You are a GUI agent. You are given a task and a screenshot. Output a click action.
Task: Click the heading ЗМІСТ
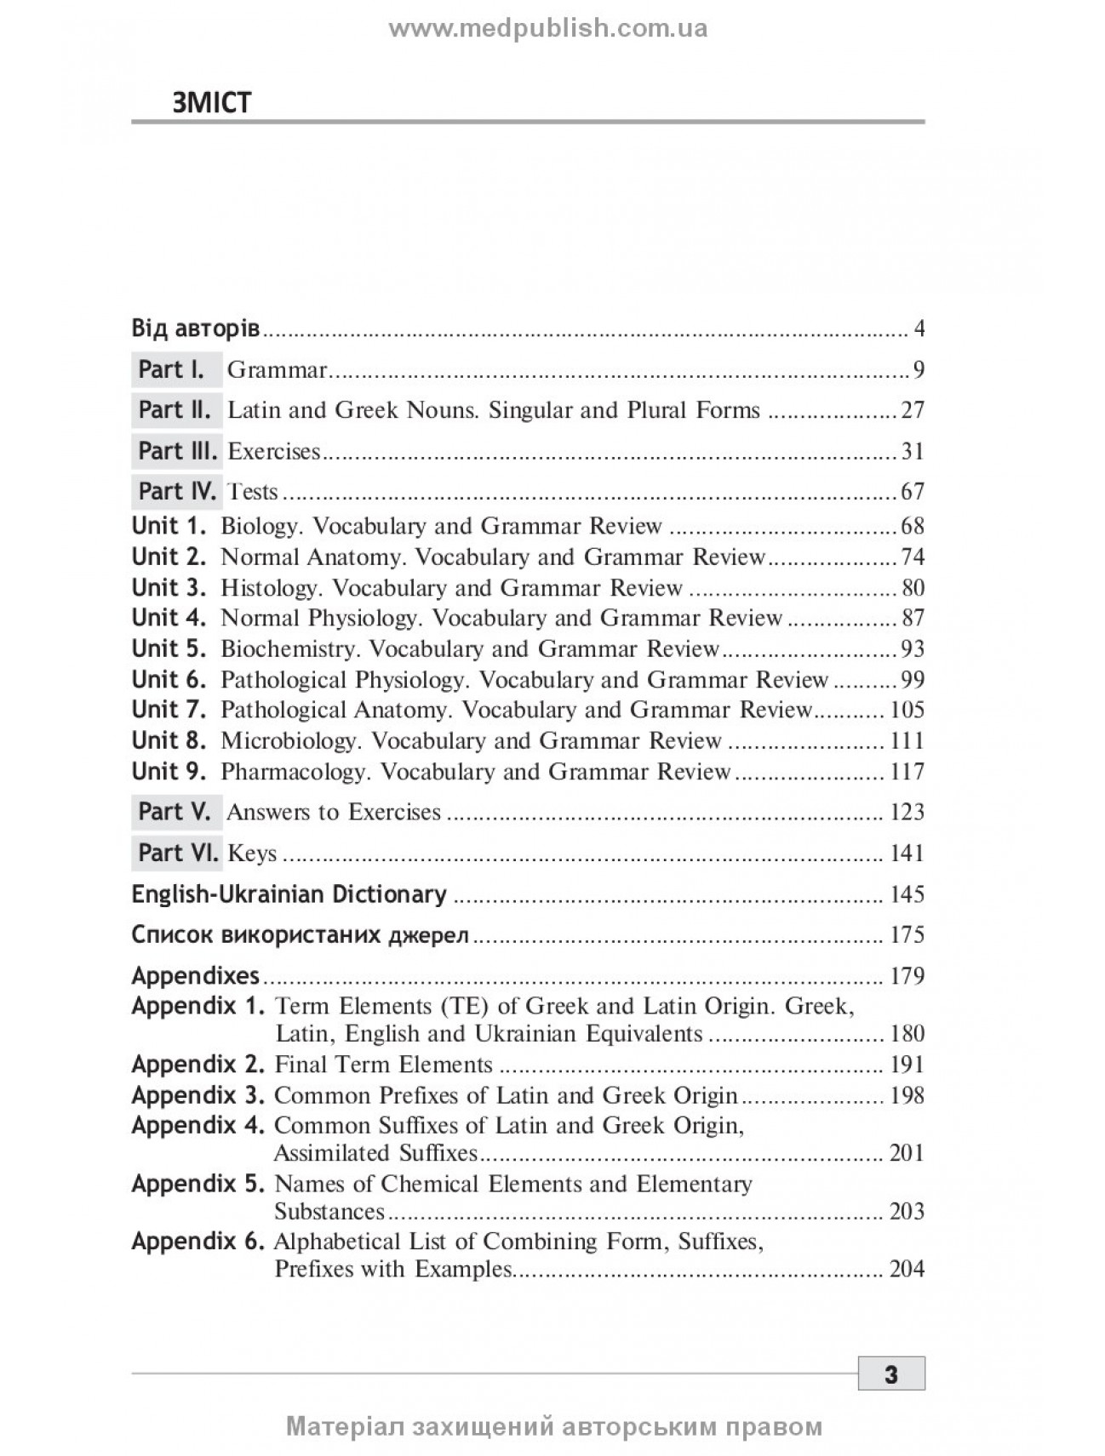[x=212, y=103]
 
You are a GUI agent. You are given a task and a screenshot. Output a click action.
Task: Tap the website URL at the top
[x=548, y=29]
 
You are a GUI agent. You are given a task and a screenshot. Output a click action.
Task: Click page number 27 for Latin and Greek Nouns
[x=913, y=410]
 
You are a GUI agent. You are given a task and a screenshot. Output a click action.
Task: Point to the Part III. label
[x=177, y=451]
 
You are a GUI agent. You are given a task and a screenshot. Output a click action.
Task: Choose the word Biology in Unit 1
[x=258, y=526]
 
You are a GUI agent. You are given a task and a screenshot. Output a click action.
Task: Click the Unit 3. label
[x=169, y=587]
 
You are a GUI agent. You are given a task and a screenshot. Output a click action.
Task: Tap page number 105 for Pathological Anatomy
[x=907, y=710]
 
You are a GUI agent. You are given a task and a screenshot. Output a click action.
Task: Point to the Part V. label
[x=175, y=812]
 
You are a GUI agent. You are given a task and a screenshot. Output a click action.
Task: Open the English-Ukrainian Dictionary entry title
[x=289, y=894]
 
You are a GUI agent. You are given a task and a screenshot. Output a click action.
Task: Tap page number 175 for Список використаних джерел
[x=907, y=935]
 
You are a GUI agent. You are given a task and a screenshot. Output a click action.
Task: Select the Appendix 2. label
[x=198, y=1065]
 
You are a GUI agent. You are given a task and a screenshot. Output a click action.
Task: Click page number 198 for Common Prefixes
[x=907, y=1095]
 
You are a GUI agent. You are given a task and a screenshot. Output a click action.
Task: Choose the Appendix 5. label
[x=198, y=1184]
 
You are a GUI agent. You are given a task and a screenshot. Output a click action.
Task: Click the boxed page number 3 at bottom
[x=890, y=1374]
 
